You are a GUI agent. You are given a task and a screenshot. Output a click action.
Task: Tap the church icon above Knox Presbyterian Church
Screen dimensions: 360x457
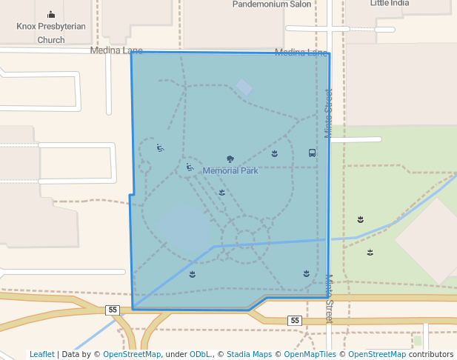51,14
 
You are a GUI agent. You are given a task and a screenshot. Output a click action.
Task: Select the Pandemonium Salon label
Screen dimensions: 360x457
272,4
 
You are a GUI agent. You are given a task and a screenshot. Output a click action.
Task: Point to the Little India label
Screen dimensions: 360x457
390,3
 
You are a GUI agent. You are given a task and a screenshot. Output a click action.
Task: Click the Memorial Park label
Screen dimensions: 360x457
230,170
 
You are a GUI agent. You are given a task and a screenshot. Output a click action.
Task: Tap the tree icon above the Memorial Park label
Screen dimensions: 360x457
230,159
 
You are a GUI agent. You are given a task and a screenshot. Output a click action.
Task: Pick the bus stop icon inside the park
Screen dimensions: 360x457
312,153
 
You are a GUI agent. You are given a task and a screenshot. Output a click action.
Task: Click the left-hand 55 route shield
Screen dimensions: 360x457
112,310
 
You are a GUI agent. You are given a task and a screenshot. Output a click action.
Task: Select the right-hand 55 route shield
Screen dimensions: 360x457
295,320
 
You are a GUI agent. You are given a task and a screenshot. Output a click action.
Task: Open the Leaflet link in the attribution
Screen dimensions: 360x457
41,354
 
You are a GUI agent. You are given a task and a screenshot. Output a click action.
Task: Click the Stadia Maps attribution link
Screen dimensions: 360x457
249,354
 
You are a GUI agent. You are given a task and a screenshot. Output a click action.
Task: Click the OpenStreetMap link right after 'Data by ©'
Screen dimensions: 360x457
132,354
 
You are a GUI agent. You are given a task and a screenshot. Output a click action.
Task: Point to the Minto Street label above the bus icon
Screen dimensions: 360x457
329,113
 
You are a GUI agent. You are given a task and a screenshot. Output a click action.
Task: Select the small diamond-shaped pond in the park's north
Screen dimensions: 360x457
244,87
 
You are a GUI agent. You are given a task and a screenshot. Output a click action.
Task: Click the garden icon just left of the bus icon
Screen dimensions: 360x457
275,153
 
